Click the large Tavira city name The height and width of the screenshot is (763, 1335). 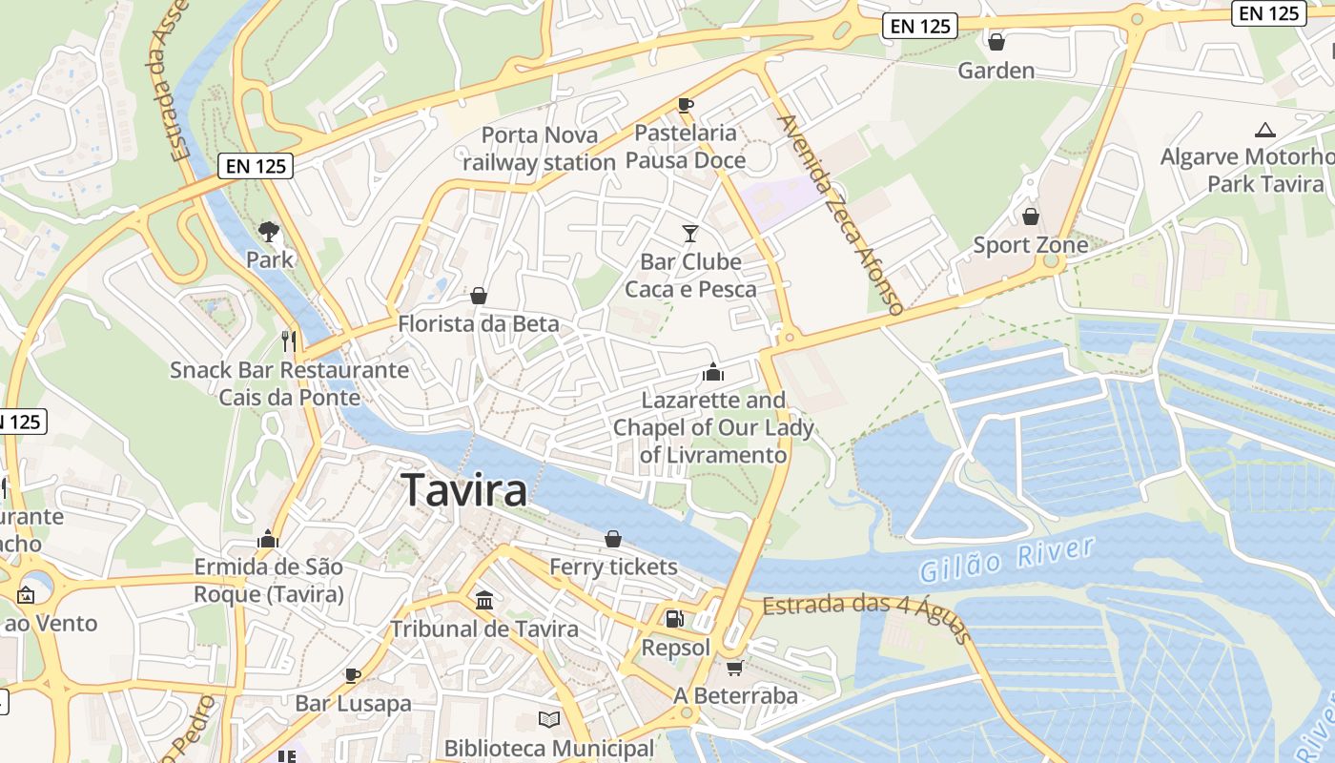[465, 490]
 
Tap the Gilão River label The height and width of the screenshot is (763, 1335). [1006, 559]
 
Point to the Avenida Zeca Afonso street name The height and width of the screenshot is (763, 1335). [840, 215]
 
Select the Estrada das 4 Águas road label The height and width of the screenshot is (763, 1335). [864, 614]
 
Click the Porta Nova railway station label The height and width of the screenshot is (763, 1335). [540, 149]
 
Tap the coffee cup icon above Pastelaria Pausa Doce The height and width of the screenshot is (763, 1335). [685, 104]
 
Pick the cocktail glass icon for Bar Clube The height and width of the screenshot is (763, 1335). [690, 233]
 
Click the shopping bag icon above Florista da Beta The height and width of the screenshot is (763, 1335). [479, 296]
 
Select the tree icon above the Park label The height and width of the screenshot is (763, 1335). [269, 231]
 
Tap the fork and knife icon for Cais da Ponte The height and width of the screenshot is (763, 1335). [289, 340]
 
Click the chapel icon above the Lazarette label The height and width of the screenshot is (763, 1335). [713, 372]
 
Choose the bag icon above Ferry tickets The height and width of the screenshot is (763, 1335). [613, 539]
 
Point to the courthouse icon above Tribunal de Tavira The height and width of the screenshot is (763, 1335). [484, 601]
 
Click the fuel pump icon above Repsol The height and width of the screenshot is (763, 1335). [675, 619]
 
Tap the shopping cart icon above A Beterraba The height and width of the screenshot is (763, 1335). [734, 668]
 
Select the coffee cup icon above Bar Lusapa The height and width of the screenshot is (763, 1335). [353, 675]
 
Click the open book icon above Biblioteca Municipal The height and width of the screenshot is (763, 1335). [549, 719]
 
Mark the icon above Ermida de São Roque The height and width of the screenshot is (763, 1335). [268, 539]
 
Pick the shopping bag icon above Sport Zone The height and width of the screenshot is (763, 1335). [1030, 217]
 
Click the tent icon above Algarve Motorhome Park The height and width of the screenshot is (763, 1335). [1265, 130]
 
